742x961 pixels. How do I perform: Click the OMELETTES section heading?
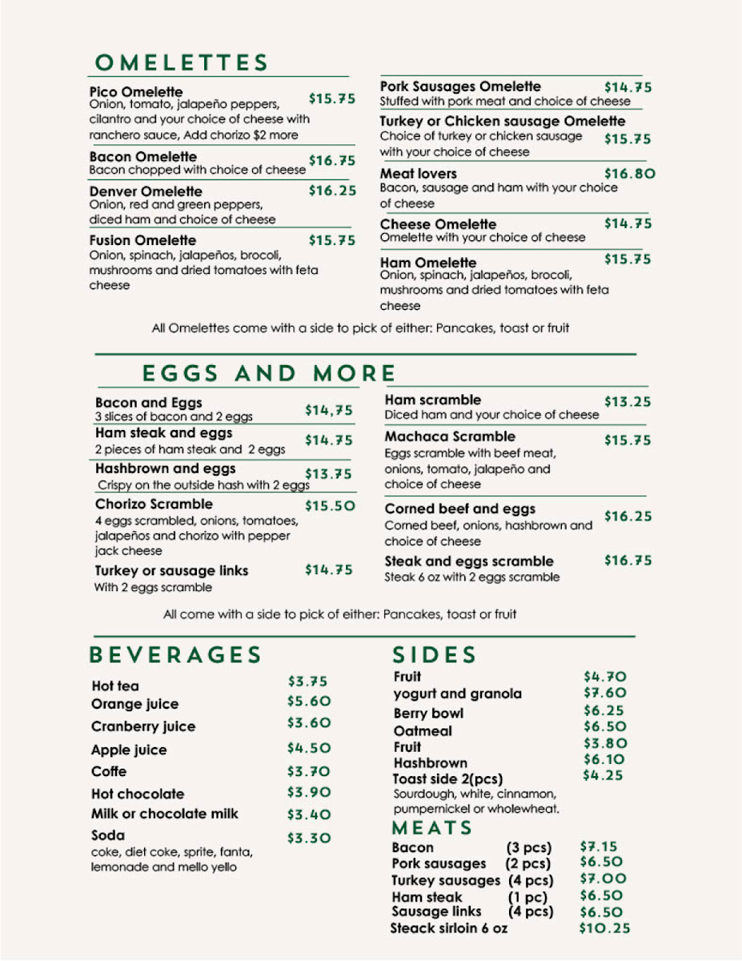tap(181, 63)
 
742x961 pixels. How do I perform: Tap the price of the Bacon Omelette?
tap(332, 161)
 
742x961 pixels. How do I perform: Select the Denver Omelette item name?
tap(146, 191)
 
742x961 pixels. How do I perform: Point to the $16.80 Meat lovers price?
tap(629, 173)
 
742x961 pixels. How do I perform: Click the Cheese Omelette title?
tap(438, 224)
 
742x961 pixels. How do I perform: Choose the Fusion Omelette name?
tap(142, 240)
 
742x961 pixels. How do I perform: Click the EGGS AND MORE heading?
tap(269, 373)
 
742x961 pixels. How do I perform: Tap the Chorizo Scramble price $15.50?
tap(330, 506)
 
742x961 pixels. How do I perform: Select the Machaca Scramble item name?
tap(450, 436)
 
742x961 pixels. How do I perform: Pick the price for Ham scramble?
tap(628, 402)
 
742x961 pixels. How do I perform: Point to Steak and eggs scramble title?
tap(469, 561)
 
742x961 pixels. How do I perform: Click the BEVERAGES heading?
tap(175, 655)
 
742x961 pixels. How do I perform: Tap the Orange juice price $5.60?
tap(309, 701)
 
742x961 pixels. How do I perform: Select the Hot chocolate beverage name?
tap(138, 794)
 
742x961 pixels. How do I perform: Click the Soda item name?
tap(108, 835)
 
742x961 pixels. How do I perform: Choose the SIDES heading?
tap(435, 655)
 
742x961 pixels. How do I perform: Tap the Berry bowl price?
tap(604, 710)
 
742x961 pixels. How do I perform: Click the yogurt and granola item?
tap(457, 694)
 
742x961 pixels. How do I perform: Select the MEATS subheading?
tap(432, 828)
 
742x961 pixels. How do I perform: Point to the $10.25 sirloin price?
tap(604, 929)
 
